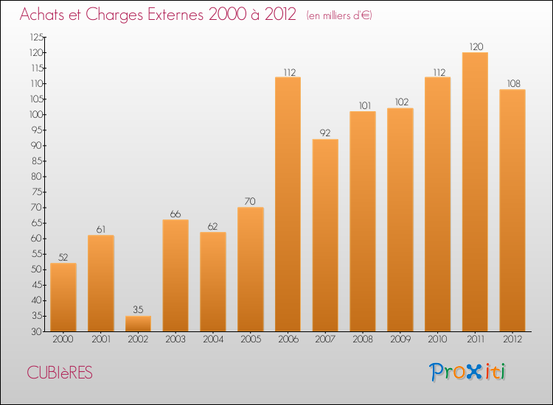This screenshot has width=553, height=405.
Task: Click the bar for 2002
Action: coord(138,324)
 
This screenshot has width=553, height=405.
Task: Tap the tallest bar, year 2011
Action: coord(475,191)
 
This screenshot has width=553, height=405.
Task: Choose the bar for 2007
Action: coord(325,235)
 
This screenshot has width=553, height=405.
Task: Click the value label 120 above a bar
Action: coord(475,47)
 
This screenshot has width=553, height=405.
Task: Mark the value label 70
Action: coord(250,202)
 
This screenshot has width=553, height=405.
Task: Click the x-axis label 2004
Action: coord(212,339)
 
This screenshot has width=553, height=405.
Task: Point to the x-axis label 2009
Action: coord(400,339)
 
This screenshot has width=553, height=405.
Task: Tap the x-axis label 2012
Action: coord(512,339)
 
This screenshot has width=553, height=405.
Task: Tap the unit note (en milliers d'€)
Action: coord(340,15)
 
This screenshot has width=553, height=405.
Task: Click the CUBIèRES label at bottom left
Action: coord(60,373)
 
